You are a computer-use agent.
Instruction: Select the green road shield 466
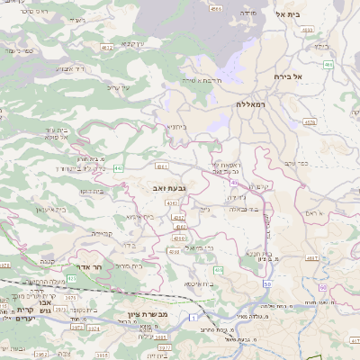tap(328, 65)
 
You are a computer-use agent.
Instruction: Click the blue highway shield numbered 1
tap(193, 318)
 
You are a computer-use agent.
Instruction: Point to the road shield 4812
tap(107, 45)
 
